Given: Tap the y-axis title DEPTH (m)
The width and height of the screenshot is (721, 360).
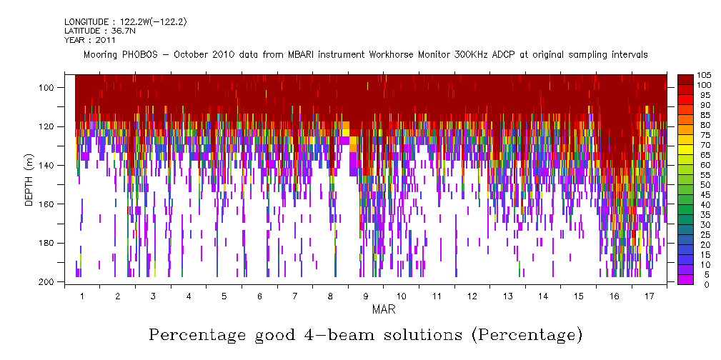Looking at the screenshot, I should point(29,181).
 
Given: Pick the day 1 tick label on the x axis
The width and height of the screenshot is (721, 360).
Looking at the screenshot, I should point(82,296).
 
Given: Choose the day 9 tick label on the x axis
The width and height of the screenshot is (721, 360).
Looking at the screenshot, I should point(366,296).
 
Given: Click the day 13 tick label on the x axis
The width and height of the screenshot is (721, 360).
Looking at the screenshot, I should point(507,296).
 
